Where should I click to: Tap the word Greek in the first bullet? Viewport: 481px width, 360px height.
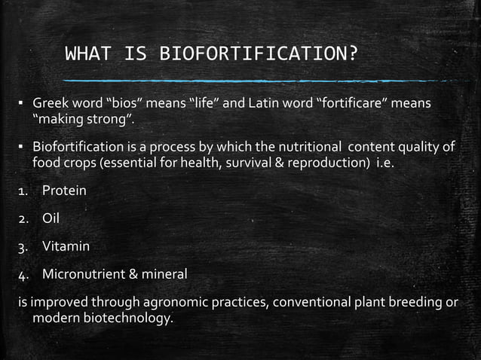pyautogui.click(x=49, y=103)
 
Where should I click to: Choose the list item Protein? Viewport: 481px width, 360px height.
pyautogui.click(x=64, y=191)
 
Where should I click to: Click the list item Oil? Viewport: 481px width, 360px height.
pyautogui.click(x=51, y=219)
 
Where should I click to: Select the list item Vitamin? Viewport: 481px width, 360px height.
pyautogui.click(x=66, y=247)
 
